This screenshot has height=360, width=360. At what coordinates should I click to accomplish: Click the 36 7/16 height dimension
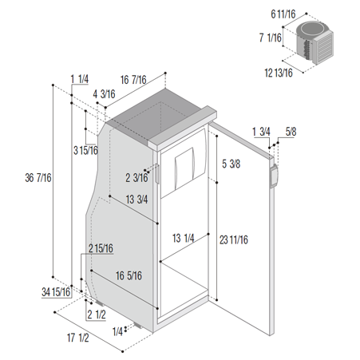point(38,178)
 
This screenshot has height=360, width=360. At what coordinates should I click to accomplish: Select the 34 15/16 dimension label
point(56,292)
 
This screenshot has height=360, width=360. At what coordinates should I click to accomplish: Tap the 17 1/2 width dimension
point(77,338)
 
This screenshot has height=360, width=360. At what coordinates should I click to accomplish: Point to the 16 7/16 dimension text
point(133,80)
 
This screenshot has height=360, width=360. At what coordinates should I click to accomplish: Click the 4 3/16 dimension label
point(104,94)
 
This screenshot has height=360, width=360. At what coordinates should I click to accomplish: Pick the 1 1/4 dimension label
point(79,79)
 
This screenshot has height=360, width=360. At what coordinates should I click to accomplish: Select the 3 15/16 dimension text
point(85,150)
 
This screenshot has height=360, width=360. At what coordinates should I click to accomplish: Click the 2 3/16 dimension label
point(136,178)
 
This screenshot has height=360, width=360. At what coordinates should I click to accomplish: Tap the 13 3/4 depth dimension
point(136,200)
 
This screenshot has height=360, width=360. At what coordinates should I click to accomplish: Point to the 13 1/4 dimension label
point(184,238)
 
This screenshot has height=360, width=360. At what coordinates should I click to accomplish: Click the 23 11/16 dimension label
point(234,240)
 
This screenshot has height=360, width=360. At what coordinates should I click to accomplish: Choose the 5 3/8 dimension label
point(231,164)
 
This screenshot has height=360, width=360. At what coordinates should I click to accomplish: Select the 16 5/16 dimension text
point(129,275)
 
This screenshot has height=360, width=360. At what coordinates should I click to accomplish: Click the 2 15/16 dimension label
point(101,248)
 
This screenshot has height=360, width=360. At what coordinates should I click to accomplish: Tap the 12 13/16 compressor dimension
point(279,73)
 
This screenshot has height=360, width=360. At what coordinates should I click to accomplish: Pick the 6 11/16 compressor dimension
point(283,14)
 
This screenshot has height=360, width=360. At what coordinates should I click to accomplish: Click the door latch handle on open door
point(274,176)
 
